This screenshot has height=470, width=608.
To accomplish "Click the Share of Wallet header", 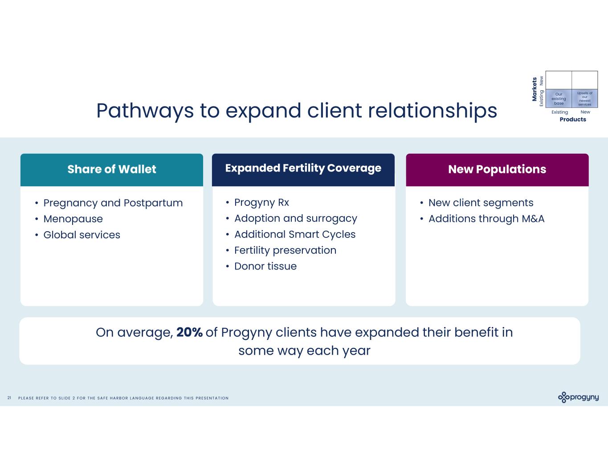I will tap(112, 169).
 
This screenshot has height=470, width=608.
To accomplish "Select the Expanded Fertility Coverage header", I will tap(303, 168).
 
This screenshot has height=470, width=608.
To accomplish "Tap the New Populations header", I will tap(497, 169).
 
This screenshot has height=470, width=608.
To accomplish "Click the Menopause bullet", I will tap(73, 219).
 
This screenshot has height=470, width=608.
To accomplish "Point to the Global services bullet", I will tap(82, 235).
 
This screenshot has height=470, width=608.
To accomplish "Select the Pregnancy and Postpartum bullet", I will tap(113, 203).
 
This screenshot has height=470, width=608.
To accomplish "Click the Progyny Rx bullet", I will tap(261, 202).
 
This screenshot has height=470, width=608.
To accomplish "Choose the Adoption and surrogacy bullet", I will tap(296, 218).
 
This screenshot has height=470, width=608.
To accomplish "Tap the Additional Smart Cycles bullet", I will tap(295, 234).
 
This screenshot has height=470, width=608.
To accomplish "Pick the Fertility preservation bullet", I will tap(285, 250).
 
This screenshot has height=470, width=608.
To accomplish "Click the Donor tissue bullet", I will tap(265, 266).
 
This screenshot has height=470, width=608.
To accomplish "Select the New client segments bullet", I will tap(481, 203).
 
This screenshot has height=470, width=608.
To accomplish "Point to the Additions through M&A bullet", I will tap(486, 219).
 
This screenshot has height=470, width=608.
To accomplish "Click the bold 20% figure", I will tap(189, 332).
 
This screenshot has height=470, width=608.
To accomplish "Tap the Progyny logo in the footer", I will tap(578, 397).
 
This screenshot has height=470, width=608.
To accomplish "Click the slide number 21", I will tap(9, 398).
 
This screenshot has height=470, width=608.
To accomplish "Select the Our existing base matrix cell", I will tap(559, 98).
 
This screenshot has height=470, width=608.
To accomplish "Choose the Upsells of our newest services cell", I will tap(584, 98).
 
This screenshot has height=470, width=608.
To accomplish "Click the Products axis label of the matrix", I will tap(573, 119).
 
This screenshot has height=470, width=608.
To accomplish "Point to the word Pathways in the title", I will tap(145, 110).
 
